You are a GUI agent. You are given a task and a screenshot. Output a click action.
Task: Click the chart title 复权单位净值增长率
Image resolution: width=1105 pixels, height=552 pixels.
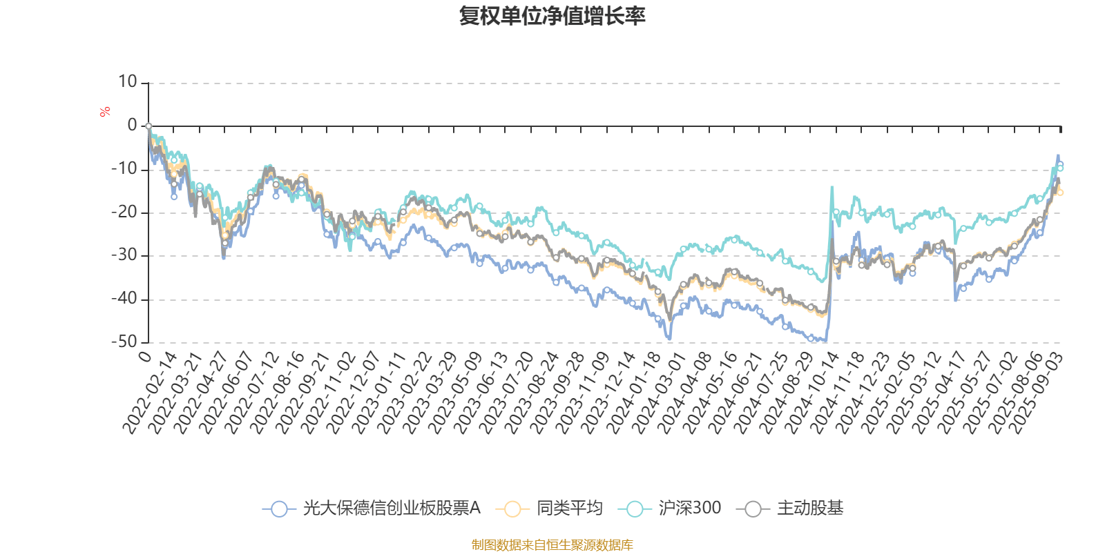click(552, 16)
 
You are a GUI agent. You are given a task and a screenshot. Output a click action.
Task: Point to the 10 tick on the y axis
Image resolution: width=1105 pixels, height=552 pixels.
click(128, 82)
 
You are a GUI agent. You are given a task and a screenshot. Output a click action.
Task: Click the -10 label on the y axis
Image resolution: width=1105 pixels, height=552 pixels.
click(125, 169)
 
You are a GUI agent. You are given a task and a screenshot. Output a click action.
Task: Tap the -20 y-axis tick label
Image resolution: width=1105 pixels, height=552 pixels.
click(125, 213)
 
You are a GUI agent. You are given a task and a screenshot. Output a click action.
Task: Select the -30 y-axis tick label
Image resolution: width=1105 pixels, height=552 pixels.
click(125, 255)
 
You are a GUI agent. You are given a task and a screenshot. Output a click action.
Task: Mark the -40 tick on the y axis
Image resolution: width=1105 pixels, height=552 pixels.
click(125, 299)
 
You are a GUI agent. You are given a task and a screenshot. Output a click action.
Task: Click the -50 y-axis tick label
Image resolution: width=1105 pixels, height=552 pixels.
click(125, 342)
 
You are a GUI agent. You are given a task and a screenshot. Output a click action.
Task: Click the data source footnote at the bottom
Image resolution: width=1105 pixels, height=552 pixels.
click(552, 545)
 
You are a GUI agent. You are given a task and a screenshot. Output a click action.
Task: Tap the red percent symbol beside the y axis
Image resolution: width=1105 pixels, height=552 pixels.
click(105, 112)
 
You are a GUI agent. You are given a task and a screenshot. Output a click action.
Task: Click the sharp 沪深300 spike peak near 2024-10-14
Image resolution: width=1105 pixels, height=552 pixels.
click(832, 186)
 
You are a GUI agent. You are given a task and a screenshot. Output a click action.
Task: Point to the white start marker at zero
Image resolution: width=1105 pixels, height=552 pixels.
click(148, 126)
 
